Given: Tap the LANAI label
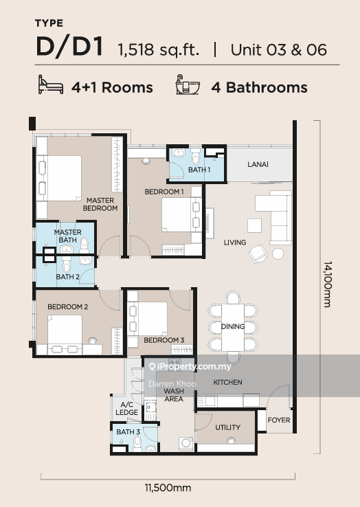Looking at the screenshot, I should tap(258, 164).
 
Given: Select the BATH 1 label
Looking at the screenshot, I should tap(199, 170).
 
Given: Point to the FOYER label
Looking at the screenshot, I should tap(279, 420).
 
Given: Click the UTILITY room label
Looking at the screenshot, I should tap(228, 427).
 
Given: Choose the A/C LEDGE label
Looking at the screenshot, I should tap(126, 409).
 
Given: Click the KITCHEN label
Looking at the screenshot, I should tap(227, 382).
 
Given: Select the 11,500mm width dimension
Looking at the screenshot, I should tap(168, 488).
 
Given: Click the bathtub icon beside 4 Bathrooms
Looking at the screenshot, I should tap(188, 86).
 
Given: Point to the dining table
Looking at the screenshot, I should tap(233, 326).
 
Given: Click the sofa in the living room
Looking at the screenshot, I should tap(279, 216).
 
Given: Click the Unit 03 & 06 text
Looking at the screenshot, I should tap(278, 50).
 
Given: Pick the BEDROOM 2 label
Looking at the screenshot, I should tap(67, 306).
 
